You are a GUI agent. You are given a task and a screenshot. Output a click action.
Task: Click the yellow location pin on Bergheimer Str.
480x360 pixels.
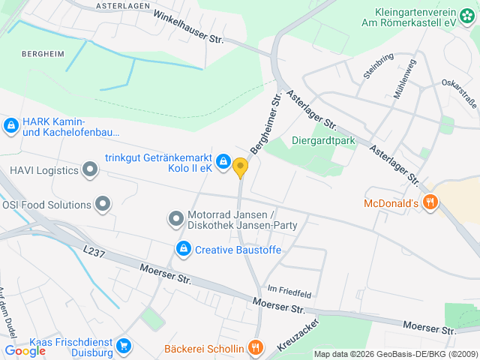[x=241, y=167]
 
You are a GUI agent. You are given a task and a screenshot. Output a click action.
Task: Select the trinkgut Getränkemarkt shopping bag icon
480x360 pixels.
[x=223, y=161]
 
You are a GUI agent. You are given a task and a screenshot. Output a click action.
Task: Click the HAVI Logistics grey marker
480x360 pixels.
[x=91, y=169]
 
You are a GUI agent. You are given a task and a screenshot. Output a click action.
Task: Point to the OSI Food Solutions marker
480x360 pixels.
[x=103, y=203]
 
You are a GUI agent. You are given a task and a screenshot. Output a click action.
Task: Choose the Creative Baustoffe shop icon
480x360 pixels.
[x=183, y=248]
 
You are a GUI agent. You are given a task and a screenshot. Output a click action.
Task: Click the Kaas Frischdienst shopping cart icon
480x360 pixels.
[x=124, y=345]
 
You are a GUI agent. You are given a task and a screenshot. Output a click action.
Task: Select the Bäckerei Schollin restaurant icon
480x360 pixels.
[x=256, y=347]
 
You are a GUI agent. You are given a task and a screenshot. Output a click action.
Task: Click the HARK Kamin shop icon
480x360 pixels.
[x=10, y=126]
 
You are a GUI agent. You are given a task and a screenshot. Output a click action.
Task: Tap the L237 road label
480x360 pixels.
[x=95, y=253]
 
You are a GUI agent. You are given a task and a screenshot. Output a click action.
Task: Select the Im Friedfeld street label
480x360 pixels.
[x=283, y=289]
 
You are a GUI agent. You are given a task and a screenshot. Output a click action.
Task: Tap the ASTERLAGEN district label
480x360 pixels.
[x=124, y=5]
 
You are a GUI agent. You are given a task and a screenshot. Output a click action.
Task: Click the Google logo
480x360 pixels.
[x=25, y=350]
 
